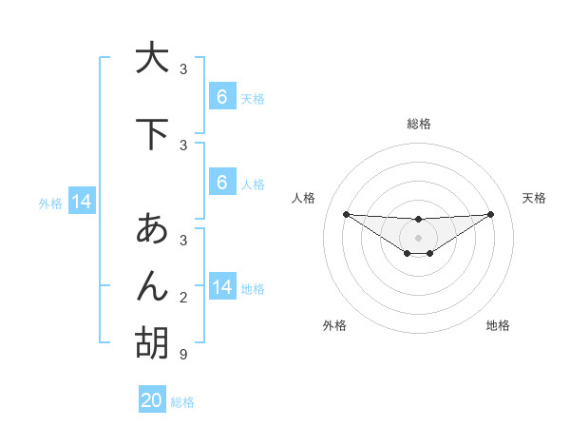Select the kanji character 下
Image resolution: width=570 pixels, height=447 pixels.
(152, 134)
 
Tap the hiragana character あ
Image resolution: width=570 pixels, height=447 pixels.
(152, 229)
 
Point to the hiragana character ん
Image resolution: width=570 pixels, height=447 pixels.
(152, 285)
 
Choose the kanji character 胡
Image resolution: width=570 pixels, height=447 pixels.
(152, 342)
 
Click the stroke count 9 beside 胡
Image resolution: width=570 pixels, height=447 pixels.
(183, 355)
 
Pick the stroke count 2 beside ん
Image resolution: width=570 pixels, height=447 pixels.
(183, 299)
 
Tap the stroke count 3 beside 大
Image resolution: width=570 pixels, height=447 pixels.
(183, 69)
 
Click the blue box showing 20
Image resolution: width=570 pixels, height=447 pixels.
(152, 400)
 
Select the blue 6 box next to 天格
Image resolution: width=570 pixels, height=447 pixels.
(221, 97)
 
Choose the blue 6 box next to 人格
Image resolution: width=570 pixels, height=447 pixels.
(221, 183)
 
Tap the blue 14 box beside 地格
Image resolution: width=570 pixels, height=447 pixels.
(221, 287)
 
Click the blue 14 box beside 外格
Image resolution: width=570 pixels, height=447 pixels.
(82, 202)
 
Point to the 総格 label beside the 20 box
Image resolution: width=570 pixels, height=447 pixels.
(182, 402)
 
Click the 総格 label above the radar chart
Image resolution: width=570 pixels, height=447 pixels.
(418, 124)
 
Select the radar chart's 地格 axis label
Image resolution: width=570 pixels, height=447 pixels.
(498, 325)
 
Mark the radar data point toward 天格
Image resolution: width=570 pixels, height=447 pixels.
(491, 214)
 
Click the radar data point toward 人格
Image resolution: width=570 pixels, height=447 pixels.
(346, 214)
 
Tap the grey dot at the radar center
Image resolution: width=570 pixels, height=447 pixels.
(418, 237)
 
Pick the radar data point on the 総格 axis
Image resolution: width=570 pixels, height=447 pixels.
(418, 220)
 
